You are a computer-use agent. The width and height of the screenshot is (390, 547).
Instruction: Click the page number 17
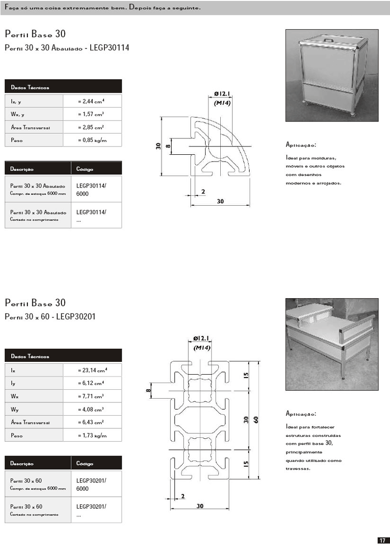point(382,540)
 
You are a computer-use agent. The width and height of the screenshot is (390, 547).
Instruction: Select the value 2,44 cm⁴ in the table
point(92,101)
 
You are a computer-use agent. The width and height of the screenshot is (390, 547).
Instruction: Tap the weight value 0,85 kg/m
point(92,140)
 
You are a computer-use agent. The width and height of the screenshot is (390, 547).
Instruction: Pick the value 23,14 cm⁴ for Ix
point(92,370)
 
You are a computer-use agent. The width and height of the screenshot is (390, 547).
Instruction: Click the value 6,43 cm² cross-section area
point(92,422)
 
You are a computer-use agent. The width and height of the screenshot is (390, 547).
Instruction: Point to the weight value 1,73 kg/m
point(92,435)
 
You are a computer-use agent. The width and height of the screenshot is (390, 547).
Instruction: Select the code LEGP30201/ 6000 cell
point(91,485)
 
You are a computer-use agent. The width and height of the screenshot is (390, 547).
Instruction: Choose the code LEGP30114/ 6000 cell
point(91,190)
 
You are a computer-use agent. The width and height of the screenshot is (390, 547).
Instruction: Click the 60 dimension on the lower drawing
point(256,420)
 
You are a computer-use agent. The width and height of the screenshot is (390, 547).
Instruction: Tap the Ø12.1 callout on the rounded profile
point(223,93)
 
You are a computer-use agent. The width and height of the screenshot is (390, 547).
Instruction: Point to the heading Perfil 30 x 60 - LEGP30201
point(50,317)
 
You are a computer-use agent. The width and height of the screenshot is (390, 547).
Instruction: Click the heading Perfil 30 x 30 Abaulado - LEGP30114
point(67,48)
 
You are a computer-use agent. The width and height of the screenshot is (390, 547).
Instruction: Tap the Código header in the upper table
point(85,169)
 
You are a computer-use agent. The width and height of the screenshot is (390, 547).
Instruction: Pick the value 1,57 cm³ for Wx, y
point(92,114)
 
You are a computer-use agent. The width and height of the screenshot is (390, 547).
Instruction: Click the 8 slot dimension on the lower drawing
point(147,391)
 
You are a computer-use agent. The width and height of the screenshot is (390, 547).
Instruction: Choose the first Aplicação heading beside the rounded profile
point(301,145)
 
